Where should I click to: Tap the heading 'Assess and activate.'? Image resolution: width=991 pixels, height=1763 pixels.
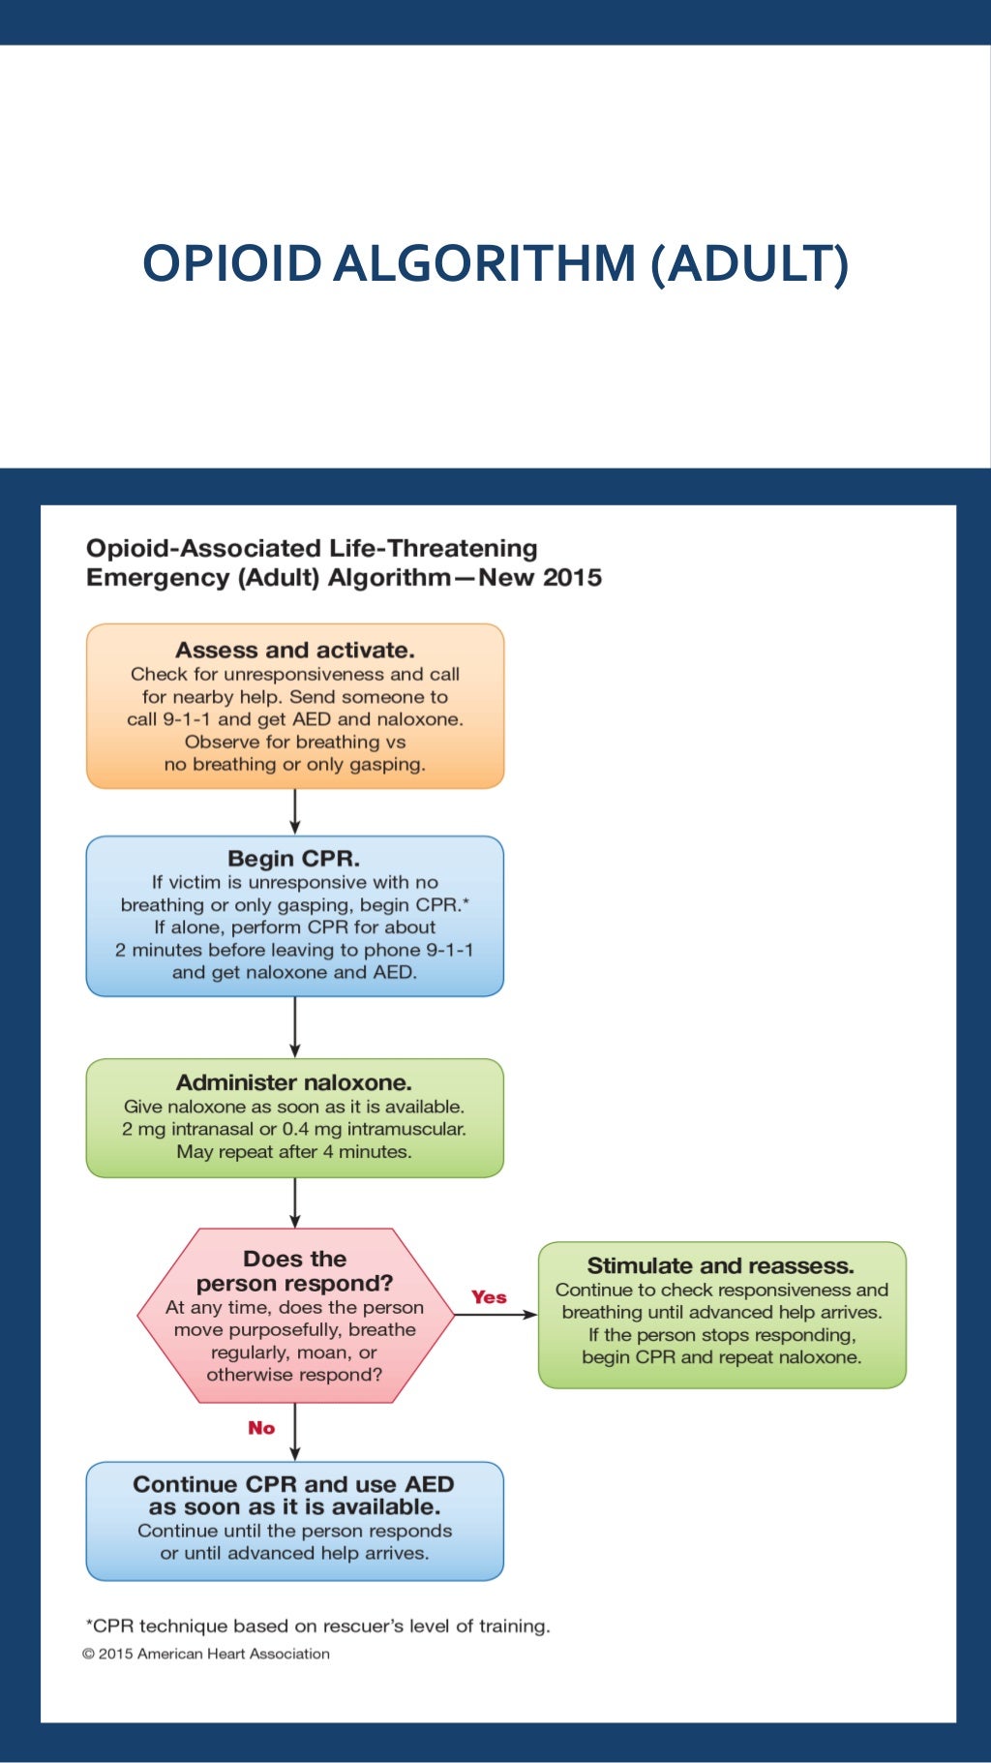(294, 651)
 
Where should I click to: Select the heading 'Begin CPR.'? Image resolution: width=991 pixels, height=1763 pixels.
(293, 859)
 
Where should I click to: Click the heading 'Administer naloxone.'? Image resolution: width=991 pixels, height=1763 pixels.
(293, 1082)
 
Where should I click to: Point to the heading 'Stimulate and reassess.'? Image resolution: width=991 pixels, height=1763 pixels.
(720, 1265)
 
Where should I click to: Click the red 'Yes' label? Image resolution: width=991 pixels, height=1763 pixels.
(489, 1297)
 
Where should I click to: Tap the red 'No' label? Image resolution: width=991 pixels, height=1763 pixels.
(261, 1428)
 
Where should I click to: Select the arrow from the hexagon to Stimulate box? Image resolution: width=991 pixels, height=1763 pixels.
(495, 1315)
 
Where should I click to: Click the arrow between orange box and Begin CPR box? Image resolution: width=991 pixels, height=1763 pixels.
(295, 811)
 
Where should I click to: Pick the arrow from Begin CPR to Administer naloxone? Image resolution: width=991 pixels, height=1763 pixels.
(295, 1027)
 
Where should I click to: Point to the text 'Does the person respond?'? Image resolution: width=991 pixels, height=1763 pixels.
(294, 1271)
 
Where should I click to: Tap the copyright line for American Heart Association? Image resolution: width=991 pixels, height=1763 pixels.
(206, 1654)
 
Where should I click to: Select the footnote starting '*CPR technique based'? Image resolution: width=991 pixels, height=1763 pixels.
(317, 1626)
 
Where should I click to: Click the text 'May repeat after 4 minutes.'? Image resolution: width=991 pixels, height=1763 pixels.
(293, 1152)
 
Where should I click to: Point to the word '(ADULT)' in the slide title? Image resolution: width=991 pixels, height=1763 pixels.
(749, 263)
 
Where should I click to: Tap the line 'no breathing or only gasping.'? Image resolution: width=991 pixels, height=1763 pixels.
(294, 765)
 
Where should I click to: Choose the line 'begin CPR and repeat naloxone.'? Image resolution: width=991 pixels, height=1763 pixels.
(721, 1357)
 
